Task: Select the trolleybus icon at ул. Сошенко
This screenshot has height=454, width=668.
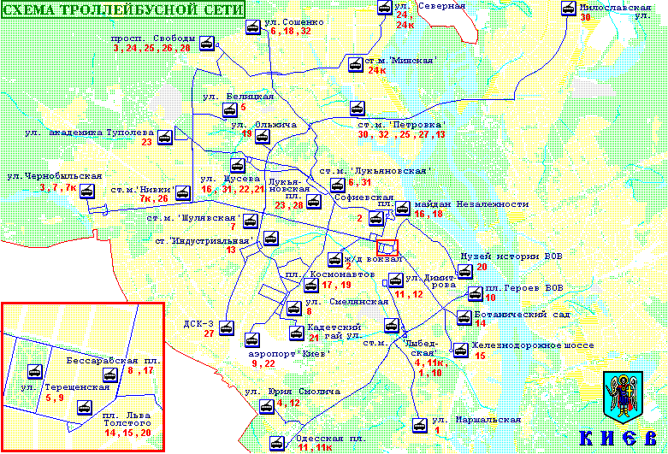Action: click(253, 27)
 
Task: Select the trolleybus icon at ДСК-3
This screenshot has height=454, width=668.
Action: click(227, 327)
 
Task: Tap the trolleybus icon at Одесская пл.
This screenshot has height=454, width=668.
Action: click(276, 443)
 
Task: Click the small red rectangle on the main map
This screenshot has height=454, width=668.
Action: click(388, 246)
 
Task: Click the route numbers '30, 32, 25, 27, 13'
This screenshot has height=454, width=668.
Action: click(402, 135)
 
